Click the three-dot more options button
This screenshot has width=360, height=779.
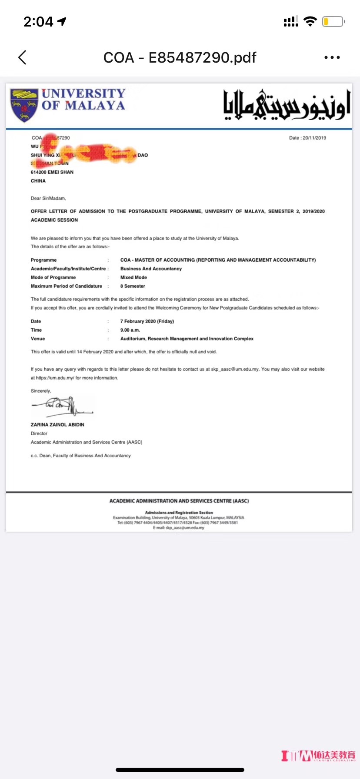point(332,57)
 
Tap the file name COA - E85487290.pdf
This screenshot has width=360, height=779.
point(180,57)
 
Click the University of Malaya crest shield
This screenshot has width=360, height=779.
point(24,105)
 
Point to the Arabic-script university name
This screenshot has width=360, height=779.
point(287,105)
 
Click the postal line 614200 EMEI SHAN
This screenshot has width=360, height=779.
point(52,172)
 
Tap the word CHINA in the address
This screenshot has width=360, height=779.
point(38,181)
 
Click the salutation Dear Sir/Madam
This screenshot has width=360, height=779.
point(48,198)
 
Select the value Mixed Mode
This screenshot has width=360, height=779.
point(133,277)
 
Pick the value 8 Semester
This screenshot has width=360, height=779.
point(133,286)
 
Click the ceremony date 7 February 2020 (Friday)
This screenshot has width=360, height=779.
point(147,321)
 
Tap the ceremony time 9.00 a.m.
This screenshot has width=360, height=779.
point(130,330)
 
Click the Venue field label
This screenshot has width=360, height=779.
point(38,339)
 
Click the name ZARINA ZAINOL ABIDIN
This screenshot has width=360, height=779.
point(57,425)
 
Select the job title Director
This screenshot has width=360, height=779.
point(39,433)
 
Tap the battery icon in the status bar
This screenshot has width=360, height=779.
point(333,21)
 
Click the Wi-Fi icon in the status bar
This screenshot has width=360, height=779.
point(310,21)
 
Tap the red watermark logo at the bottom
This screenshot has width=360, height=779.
point(318,756)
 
